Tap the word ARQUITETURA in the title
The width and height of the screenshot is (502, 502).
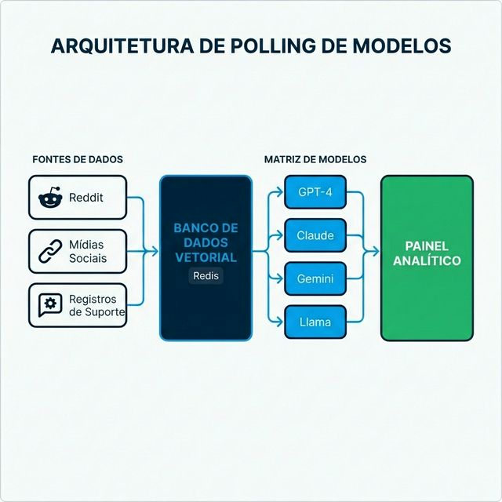118,45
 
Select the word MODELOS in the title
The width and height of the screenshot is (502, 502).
400,45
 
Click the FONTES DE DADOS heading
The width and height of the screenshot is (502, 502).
78,159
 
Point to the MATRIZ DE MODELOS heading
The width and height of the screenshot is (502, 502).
315,159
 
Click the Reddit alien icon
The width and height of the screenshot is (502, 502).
49,198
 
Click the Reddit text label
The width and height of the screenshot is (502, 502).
86,198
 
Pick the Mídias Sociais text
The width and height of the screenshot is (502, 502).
88,252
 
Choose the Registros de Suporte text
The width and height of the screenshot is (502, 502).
93,305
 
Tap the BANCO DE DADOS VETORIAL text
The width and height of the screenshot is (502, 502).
206,242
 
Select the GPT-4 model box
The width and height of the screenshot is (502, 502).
315,192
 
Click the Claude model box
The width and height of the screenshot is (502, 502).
315,235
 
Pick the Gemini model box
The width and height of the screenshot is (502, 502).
315,278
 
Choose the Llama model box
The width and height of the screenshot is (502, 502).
315,322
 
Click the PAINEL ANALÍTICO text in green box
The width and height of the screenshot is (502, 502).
427,253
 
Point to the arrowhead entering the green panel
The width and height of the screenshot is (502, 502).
376,252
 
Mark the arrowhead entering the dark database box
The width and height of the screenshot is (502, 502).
155,252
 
